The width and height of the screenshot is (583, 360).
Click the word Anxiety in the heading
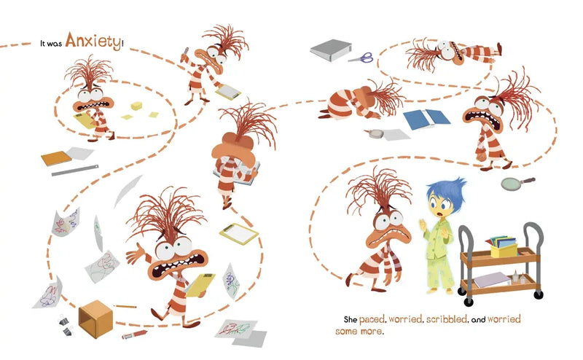pyautogui.click(x=93, y=41)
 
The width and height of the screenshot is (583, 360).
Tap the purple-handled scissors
pyautogui.click(x=361, y=58)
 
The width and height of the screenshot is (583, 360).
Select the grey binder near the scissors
pyautogui.click(x=331, y=50)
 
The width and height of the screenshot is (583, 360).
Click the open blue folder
pyautogui.click(x=426, y=118)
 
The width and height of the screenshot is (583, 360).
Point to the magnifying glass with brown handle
pyautogui.click(x=517, y=184)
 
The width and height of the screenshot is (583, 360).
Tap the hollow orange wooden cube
pyautogui.click(x=95, y=319)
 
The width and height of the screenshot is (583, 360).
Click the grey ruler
pyautogui.click(x=75, y=171)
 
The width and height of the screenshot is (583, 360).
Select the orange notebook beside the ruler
pyautogui.click(x=56, y=158)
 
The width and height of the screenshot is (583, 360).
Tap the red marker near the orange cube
pyautogui.click(x=134, y=334)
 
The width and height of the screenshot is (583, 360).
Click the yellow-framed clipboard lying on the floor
pyautogui.click(x=239, y=233)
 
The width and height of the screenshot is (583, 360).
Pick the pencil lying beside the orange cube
pyautogui.click(x=125, y=307)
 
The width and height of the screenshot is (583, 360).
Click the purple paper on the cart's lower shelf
pyautogui.click(x=491, y=279)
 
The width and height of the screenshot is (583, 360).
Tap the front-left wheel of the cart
pyautogui.click(x=469, y=302)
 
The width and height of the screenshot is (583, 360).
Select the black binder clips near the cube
pyautogui.click(x=66, y=326)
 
